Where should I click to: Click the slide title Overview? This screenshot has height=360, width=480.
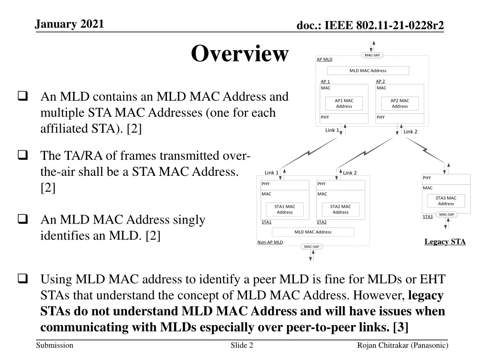click(240, 53)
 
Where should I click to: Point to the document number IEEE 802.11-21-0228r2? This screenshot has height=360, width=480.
click(370, 26)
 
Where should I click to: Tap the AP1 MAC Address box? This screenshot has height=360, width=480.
click(344, 103)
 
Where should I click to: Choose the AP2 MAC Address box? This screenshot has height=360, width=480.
click(399, 103)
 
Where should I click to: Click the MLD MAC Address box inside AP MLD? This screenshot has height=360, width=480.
click(368, 71)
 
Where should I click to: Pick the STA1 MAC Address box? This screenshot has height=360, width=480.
click(285, 209)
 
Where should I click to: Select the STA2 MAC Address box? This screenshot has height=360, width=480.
click(340, 209)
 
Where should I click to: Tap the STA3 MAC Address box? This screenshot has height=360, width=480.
click(446, 201)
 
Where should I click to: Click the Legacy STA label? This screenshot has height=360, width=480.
click(445, 242)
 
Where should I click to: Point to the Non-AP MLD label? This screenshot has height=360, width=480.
click(270, 242)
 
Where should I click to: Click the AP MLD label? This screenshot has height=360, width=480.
click(324, 60)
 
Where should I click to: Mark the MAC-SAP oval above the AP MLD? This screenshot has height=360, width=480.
click(372, 55)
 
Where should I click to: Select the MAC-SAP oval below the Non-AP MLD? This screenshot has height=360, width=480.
click(311, 247)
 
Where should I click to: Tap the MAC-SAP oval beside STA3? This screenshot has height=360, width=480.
click(446, 215)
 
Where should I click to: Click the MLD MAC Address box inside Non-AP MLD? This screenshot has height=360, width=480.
click(313, 232)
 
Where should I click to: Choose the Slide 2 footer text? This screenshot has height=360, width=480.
click(242, 345)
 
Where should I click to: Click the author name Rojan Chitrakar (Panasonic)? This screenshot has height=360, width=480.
click(402, 345)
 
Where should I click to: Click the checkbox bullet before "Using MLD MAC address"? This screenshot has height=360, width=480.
click(22, 280)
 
